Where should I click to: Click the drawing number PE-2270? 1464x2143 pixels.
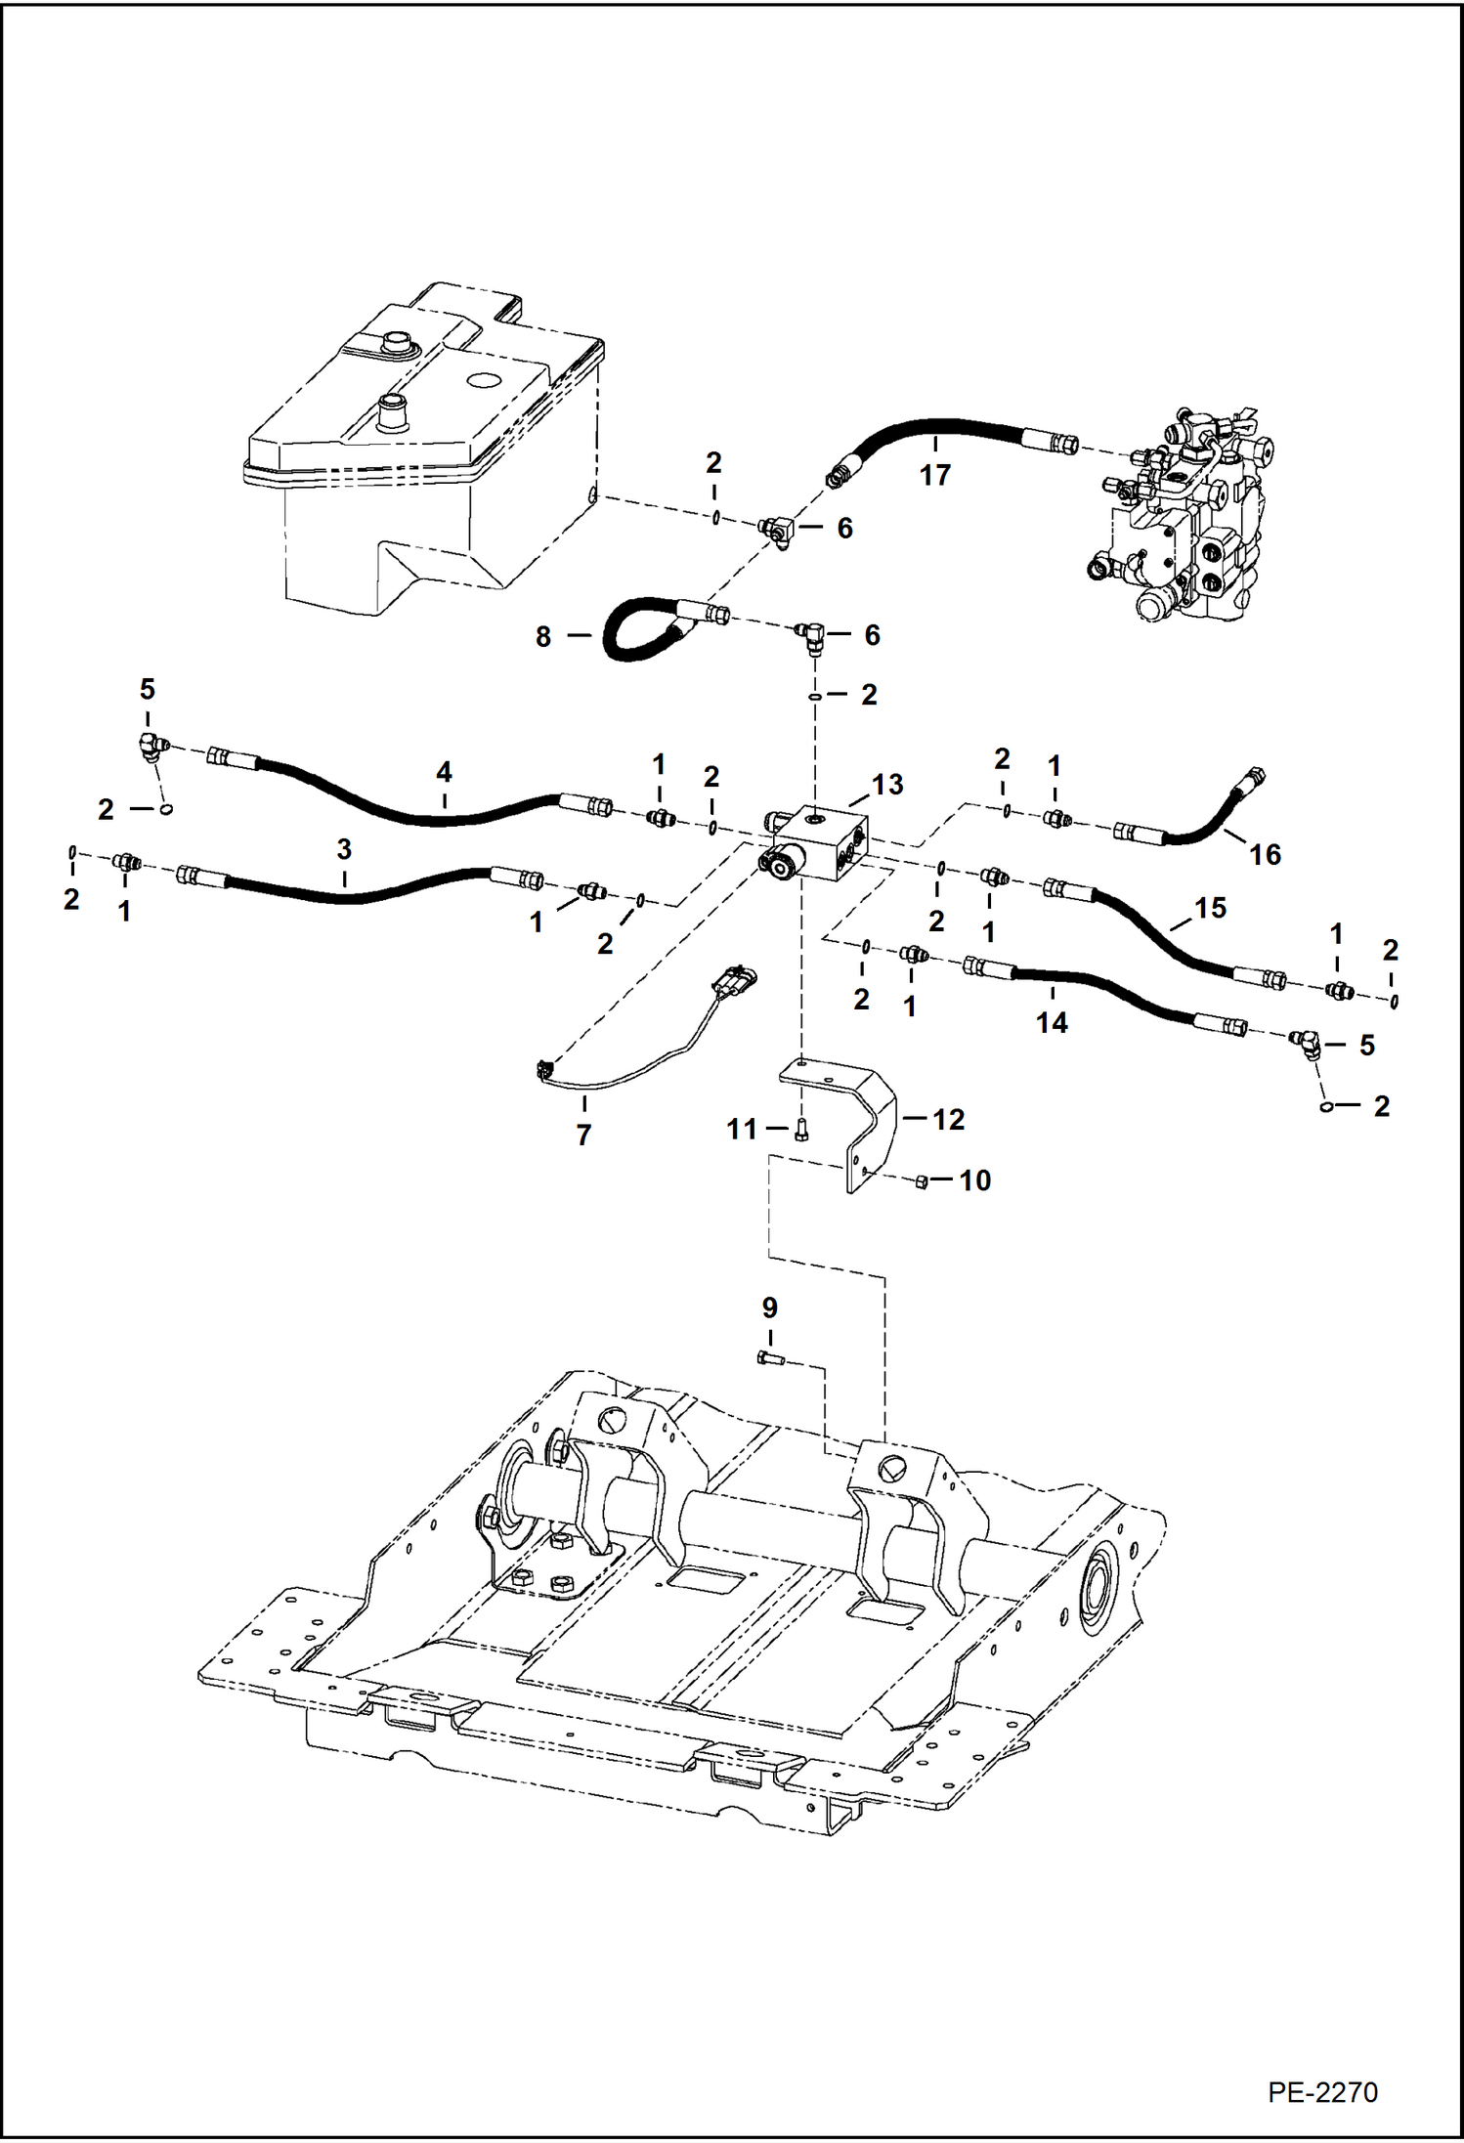(1321, 2091)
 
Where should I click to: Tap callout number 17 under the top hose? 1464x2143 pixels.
(934, 475)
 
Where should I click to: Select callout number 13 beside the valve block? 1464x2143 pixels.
(886, 784)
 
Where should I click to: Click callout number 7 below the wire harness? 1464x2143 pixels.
(583, 1135)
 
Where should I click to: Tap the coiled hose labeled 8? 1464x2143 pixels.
(635, 630)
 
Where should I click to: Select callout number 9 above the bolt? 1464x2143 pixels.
(769, 1307)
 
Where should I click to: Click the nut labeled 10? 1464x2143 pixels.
(921, 1182)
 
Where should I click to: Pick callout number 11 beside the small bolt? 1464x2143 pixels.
(741, 1129)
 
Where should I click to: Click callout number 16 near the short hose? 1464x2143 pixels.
(1265, 854)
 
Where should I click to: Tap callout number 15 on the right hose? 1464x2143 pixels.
(1210, 908)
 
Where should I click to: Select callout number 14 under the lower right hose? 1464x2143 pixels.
(1052, 1022)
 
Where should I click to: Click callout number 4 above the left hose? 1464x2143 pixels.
(444, 772)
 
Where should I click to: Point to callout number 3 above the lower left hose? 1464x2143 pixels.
(344, 849)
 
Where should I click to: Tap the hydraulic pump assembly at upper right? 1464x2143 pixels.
(1183, 518)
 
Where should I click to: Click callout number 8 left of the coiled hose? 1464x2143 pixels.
(543, 636)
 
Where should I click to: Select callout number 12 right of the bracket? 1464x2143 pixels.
(948, 1119)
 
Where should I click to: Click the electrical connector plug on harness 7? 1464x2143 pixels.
(736, 979)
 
